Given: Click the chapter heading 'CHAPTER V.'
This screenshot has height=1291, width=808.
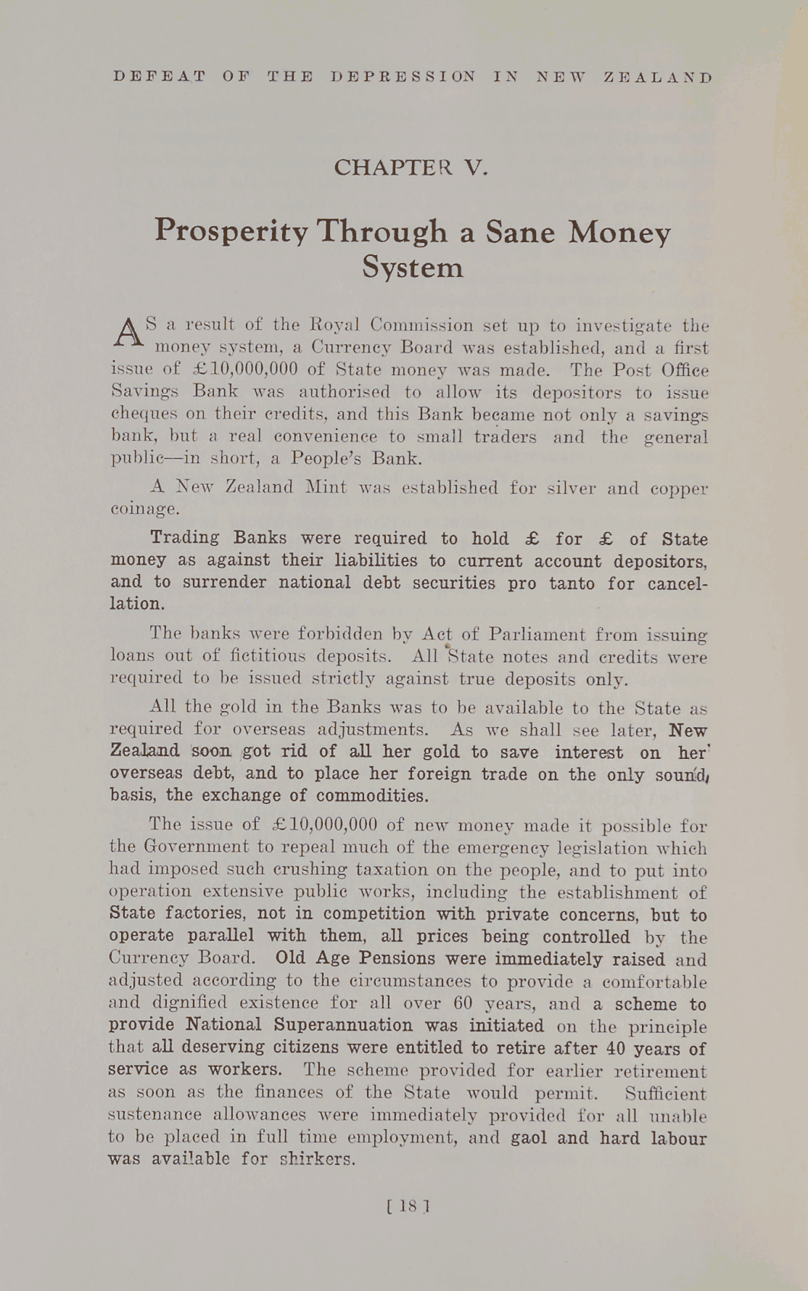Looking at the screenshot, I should click(411, 167).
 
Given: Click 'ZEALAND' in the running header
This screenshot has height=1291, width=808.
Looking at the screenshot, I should click(659, 78).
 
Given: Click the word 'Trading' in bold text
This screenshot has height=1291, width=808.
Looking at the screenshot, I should click(184, 538).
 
